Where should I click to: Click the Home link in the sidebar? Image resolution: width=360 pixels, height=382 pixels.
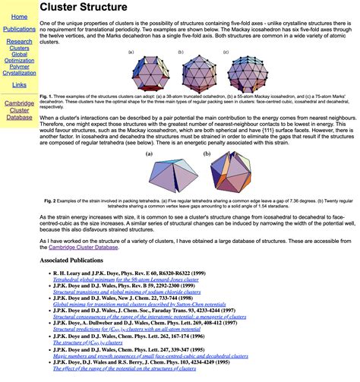pyautogui.click(x=19, y=16)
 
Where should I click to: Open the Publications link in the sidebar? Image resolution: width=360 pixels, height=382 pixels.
pyautogui.click(x=19, y=29)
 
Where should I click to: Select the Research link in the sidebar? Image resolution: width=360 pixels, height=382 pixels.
pyautogui.click(x=19, y=42)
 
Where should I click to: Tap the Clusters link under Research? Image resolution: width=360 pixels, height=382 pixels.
pyautogui.click(x=19, y=49)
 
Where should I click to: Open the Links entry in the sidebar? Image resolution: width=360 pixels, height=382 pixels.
pyautogui.click(x=19, y=85)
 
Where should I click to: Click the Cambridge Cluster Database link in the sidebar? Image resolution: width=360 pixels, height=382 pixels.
pyautogui.click(x=19, y=110)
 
